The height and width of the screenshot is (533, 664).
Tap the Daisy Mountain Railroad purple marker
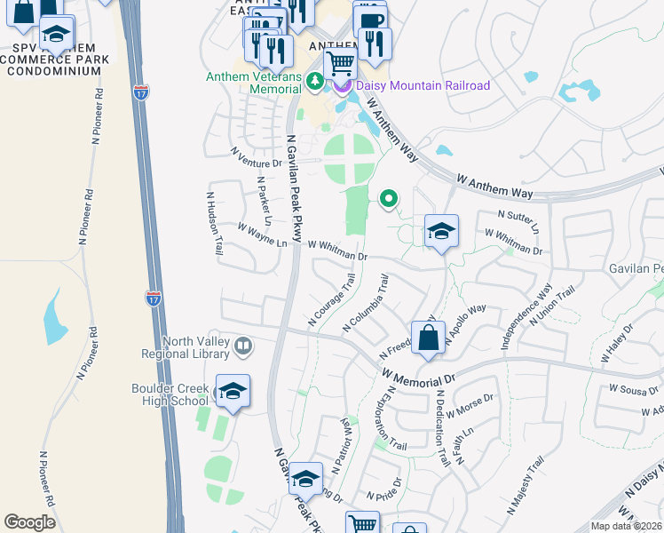(x=343, y=86)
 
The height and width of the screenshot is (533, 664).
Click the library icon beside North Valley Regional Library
(x=242, y=345)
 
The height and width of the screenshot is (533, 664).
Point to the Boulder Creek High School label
(x=170, y=394)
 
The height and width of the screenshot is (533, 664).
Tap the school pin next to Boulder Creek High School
(x=233, y=391)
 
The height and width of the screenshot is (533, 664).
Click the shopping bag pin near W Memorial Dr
(x=428, y=338)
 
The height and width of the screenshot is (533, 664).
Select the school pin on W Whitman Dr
(x=441, y=232)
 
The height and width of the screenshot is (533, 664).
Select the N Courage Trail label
(x=331, y=299)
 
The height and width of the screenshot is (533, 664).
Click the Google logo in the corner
(x=30, y=522)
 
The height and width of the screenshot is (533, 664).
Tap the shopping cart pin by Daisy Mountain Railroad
(x=340, y=64)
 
